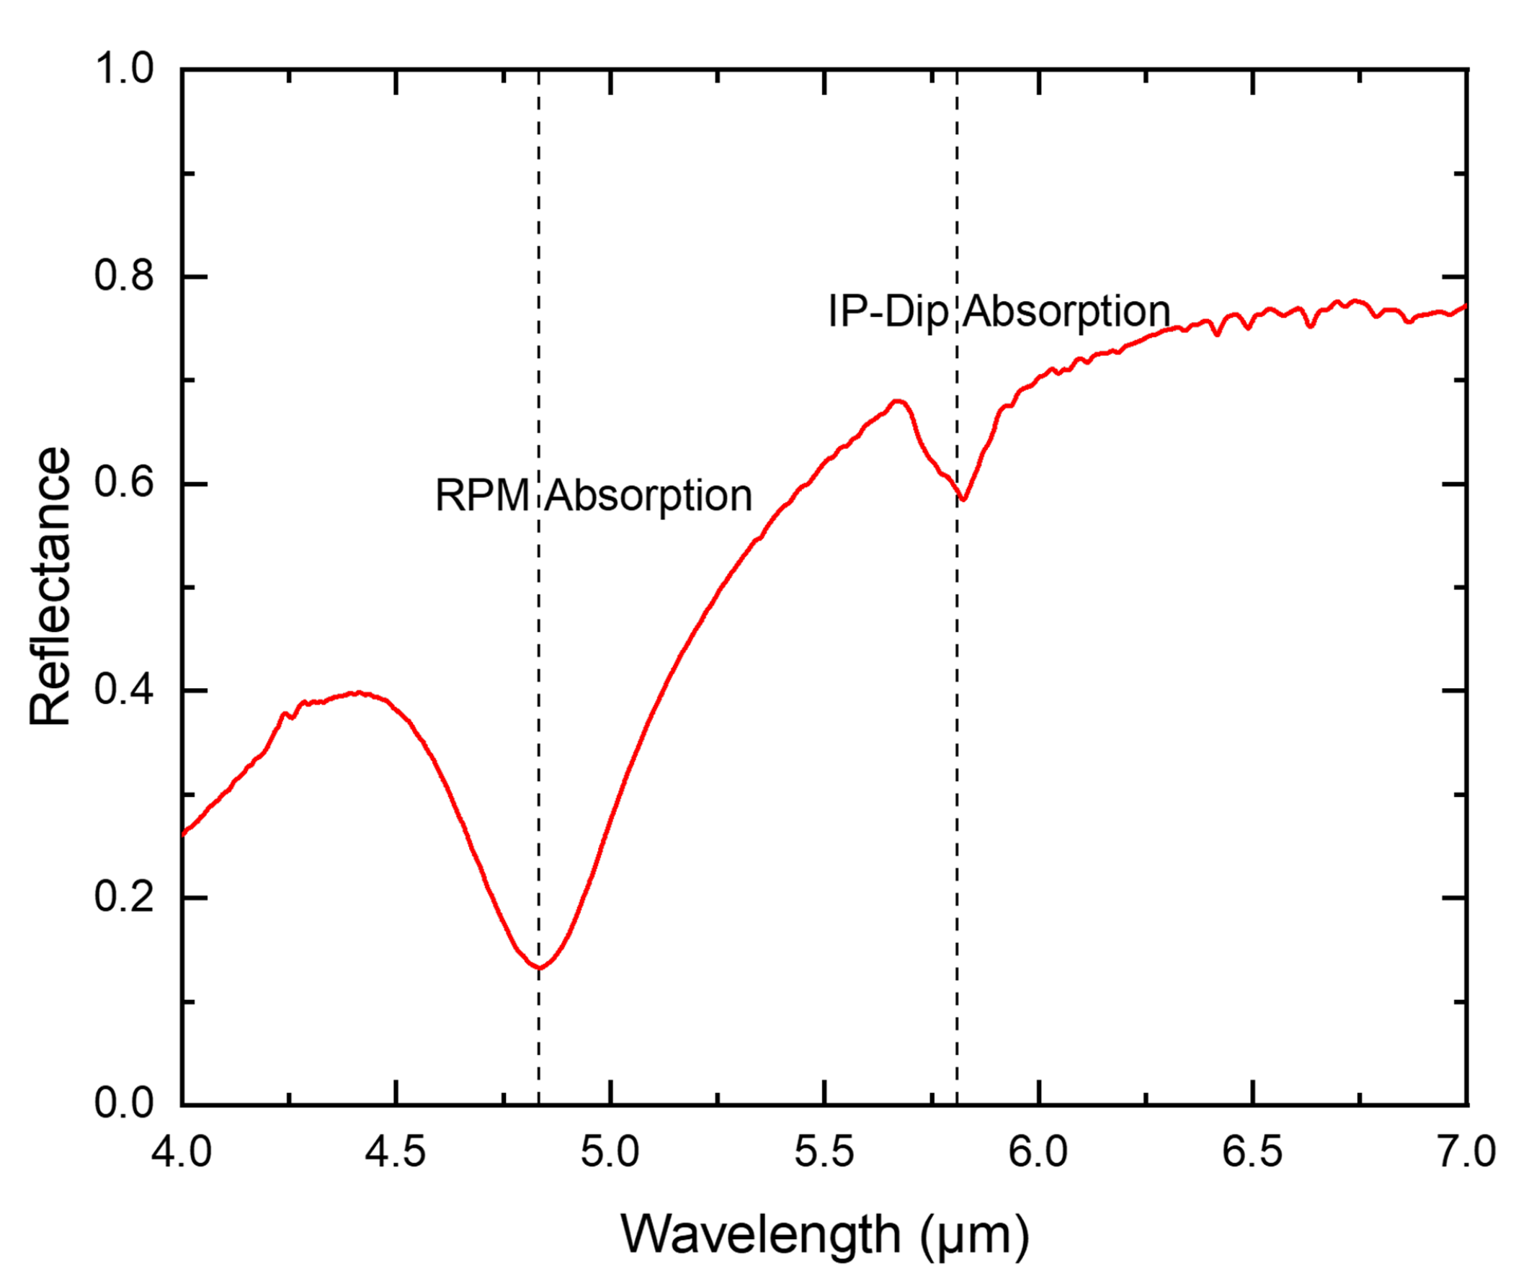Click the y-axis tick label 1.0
(x=125, y=70)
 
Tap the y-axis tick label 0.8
(x=125, y=277)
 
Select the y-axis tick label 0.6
(x=125, y=483)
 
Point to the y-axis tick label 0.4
(x=125, y=690)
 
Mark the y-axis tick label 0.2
(x=125, y=897)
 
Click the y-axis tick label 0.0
(x=125, y=1104)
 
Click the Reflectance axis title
(x=50, y=586)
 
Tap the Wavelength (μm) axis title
(x=824, y=1235)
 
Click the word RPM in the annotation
(x=482, y=496)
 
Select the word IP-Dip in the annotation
(x=888, y=311)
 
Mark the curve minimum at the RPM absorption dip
(x=540, y=968)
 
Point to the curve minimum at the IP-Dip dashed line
(x=963, y=499)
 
